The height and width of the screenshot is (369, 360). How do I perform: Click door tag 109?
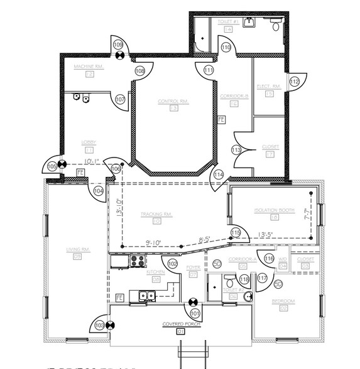[x=117, y=45]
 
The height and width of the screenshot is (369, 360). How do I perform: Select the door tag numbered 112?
[x=294, y=81]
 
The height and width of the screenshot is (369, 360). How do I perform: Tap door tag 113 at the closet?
[x=236, y=150]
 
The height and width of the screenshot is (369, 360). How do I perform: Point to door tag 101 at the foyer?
[x=195, y=313]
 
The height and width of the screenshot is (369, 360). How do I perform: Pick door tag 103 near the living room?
[x=99, y=324]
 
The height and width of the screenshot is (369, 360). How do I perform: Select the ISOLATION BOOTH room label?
[x=274, y=210]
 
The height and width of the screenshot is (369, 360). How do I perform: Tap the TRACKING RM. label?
[x=156, y=214]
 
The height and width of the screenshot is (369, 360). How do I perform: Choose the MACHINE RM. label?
[x=89, y=67]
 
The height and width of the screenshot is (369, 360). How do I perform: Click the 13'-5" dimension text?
[x=267, y=235]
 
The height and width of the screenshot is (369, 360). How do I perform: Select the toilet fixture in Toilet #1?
[x=275, y=25]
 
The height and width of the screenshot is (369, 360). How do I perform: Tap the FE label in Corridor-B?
[x=221, y=119]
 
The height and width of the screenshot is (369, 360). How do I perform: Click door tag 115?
[x=235, y=233]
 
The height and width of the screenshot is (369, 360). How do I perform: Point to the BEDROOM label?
[x=283, y=301]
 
